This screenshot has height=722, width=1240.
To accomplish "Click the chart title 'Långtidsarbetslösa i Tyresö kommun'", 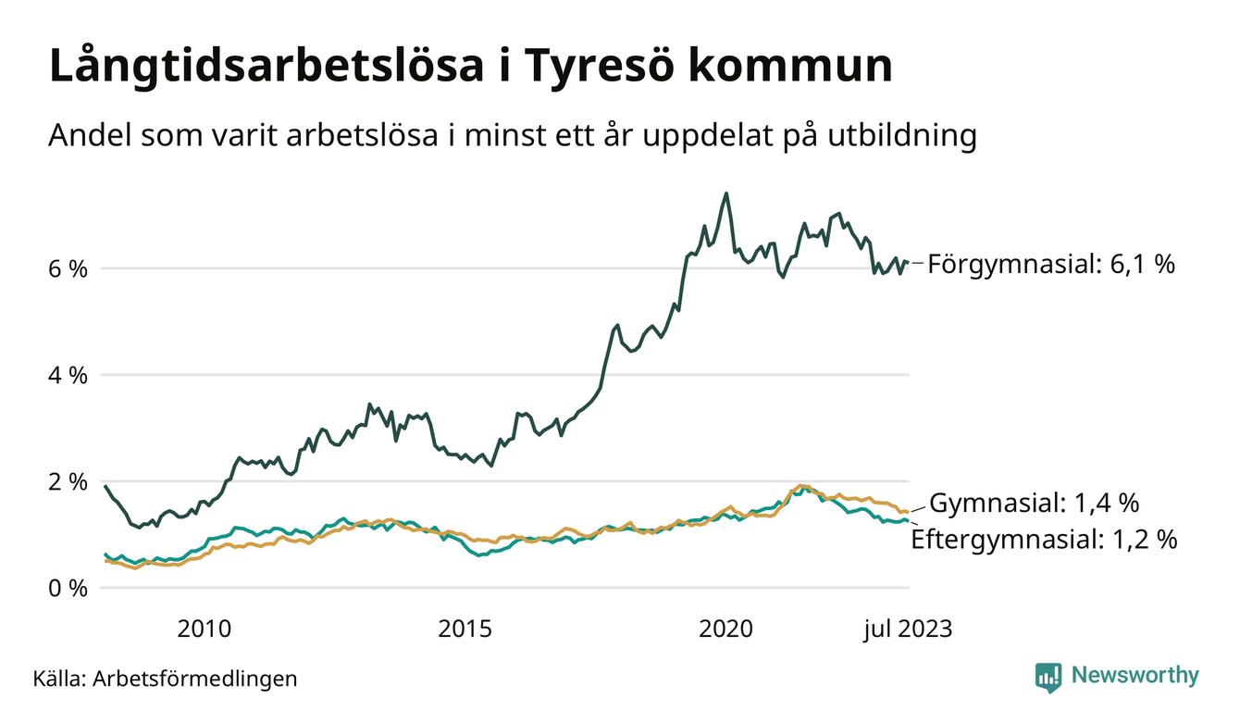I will [470, 67].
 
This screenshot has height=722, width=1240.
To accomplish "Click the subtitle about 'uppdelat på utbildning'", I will [512, 136].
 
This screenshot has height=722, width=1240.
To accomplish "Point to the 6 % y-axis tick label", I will [68, 269].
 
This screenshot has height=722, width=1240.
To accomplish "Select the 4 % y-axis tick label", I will [68, 376].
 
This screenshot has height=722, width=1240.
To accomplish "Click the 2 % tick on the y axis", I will [68, 482].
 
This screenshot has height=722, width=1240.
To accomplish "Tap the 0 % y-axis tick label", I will [68, 589].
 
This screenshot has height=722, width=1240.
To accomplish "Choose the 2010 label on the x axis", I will [205, 629].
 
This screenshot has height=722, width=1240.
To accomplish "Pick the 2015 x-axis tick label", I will [465, 629].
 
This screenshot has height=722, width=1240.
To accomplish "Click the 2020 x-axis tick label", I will [726, 629].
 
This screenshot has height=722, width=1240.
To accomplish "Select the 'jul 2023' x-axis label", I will [907, 629].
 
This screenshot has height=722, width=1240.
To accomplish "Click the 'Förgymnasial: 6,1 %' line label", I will [1051, 265].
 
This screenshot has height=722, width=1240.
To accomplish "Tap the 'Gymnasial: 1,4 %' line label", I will [1034, 504].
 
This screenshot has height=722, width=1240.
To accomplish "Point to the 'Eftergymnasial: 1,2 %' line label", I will [1044, 540].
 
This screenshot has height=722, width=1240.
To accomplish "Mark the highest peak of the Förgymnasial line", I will [726, 193].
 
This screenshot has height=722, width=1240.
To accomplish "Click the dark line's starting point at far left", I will [105, 486].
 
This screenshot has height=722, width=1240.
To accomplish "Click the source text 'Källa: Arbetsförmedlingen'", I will [165, 678].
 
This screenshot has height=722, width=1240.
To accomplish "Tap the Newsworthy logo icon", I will [1048, 677].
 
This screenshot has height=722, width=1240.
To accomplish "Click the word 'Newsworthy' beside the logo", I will [1135, 676].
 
